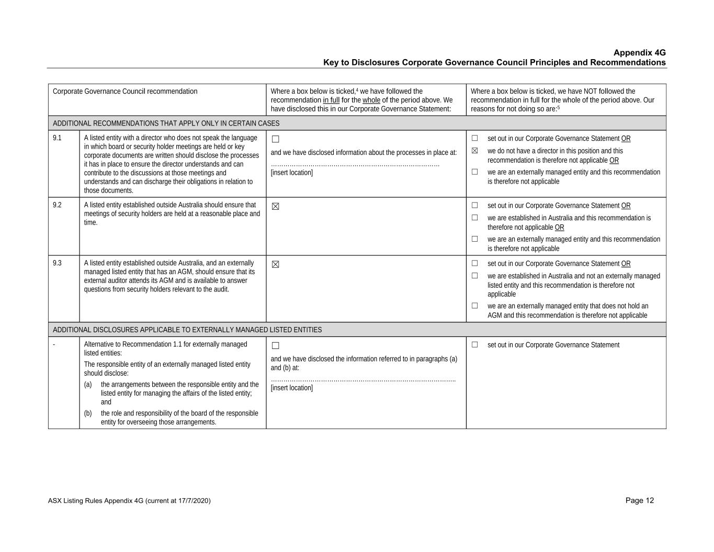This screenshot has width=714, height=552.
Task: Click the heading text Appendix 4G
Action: click(x=639, y=53)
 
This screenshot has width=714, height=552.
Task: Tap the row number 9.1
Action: click(x=57, y=138)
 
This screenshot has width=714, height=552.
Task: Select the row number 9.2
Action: click(x=57, y=205)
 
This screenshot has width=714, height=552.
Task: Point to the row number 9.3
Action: click(x=57, y=263)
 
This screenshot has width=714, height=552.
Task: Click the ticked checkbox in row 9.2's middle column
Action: click(x=276, y=206)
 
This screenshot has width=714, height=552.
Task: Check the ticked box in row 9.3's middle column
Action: click(x=276, y=264)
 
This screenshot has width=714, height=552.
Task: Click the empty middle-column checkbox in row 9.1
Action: click(x=276, y=139)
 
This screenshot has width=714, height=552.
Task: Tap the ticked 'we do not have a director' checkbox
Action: click(x=475, y=151)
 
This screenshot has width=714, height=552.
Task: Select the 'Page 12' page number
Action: click(x=639, y=501)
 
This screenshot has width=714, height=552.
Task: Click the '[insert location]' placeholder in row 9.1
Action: click(x=291, y=173)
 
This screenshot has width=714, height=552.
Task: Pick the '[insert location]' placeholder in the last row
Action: click(x=291, y=388)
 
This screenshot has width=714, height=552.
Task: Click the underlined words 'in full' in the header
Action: click(x=331, y=100)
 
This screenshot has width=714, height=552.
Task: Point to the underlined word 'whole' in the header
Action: click(x=371, y=100)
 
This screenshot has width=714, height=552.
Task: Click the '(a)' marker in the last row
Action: click(x=88, y=385)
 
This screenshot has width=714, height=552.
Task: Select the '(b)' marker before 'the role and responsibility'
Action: click(x=88, y=413)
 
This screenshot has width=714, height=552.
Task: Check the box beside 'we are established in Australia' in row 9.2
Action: click(x=475, y=218)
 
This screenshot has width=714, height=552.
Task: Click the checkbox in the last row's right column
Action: click(x=475, y=345)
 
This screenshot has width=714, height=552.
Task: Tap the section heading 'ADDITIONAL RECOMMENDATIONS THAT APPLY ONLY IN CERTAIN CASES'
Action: click(x=166, y=123)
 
